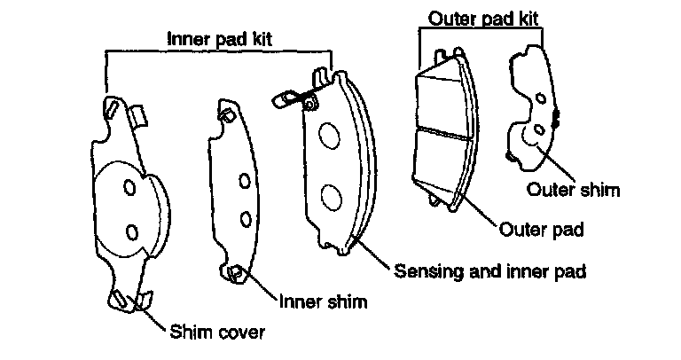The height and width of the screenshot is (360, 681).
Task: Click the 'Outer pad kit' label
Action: point(483,17)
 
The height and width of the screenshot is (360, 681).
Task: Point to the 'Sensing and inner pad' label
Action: point(489,270)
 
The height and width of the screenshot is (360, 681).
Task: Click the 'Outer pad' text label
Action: point(542,230)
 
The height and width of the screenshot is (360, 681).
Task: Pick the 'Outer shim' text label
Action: point(572,188)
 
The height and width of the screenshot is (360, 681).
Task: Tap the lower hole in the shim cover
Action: point(132,231)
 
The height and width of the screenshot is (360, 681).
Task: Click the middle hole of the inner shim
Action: point(244,182)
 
